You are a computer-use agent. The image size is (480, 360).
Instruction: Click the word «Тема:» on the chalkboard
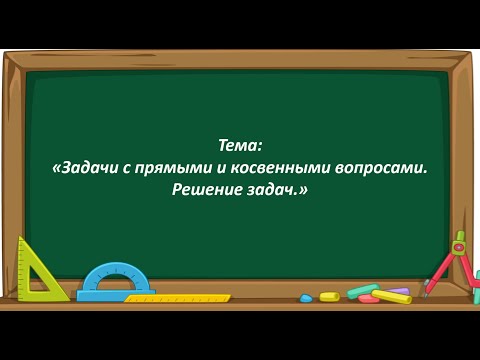tap(240, 145)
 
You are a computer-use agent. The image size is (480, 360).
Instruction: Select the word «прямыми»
tap(171, 167)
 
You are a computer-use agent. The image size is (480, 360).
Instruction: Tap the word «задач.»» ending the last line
tap(280, 189)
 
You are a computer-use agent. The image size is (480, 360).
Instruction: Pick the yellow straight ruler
tap(178, 298)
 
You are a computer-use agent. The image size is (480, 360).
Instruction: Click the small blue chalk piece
tap(306, 298)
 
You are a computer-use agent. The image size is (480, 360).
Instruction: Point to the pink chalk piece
tap(369, 299)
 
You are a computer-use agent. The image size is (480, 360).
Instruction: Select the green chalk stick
tap(361, 291)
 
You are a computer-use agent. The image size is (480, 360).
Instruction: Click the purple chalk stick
tap(398, 291)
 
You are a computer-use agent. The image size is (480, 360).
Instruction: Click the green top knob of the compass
tap(460, 237)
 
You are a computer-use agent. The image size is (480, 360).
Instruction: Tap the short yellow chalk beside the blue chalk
tap(329, 296)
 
